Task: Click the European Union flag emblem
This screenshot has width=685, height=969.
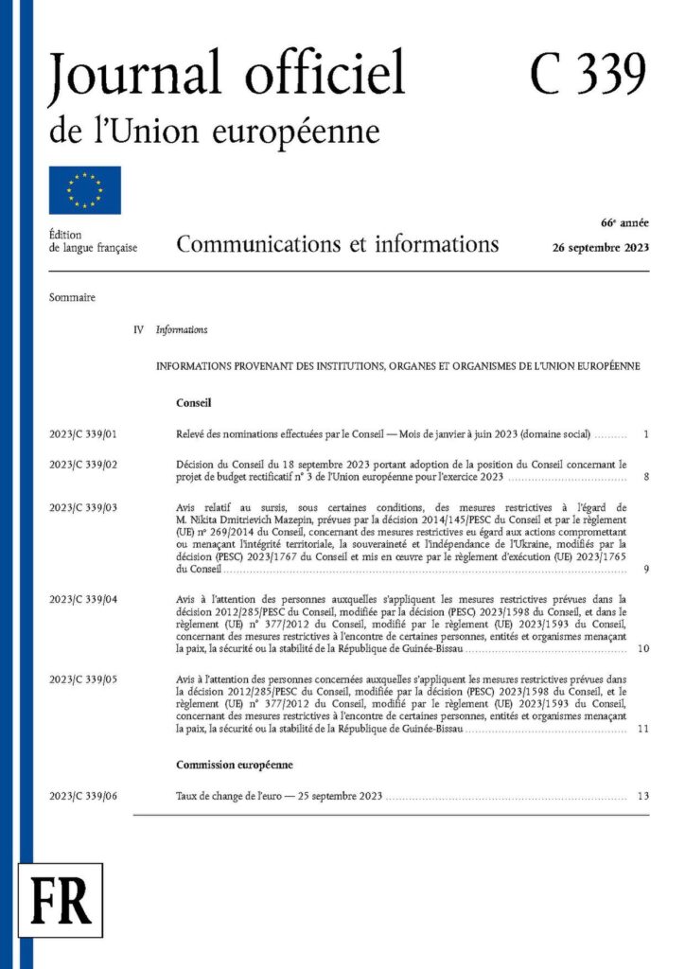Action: [85, 190]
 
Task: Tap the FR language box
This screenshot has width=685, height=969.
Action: [61, 899]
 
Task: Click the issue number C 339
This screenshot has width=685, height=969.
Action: [588, 74]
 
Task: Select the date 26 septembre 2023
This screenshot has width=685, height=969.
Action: [601, 248]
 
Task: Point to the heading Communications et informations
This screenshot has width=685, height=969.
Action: [337, 245]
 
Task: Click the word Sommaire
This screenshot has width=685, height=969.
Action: [72, 297]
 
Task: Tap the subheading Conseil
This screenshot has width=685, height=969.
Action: [193, 402]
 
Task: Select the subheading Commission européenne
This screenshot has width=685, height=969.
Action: [234, 764]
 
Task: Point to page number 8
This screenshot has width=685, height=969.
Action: [645, 477]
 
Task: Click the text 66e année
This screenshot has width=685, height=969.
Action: [624, 223]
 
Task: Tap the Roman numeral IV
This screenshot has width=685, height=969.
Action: [139, 330]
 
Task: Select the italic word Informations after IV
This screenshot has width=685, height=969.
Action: [182, 330]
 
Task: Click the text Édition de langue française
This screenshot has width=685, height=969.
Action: [93, 241]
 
